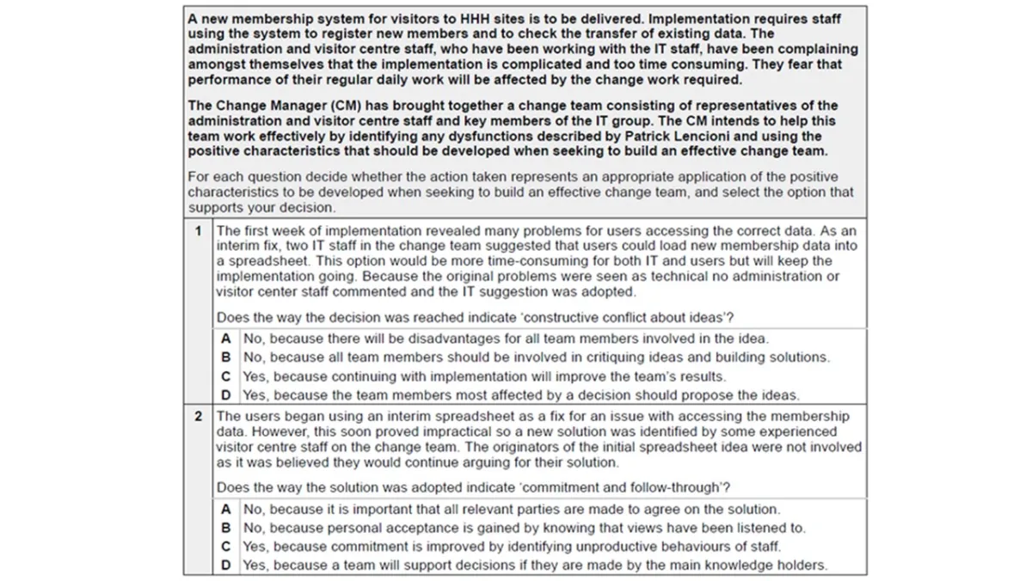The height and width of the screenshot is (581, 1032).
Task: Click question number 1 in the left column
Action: [x=198, y=230]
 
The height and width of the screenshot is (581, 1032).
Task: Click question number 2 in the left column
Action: [x=198, y=416]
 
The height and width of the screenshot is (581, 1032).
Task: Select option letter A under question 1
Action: [x=225, y=339]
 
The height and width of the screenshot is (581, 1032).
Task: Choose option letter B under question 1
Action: [x=225, y=358]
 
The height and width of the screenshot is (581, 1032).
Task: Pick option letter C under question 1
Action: [x=225, y=376]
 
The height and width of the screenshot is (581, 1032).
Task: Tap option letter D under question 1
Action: [x=225, y=395]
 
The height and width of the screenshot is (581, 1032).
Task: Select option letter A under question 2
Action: [x=225, y=509]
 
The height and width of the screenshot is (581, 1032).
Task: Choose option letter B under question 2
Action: [x=225, y=528]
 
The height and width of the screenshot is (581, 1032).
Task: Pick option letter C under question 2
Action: [x=225, y=547]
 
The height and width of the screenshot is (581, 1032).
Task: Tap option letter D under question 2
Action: [x=225, y=566]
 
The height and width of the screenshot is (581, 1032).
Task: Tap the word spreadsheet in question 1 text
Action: [x=255, y=261]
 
